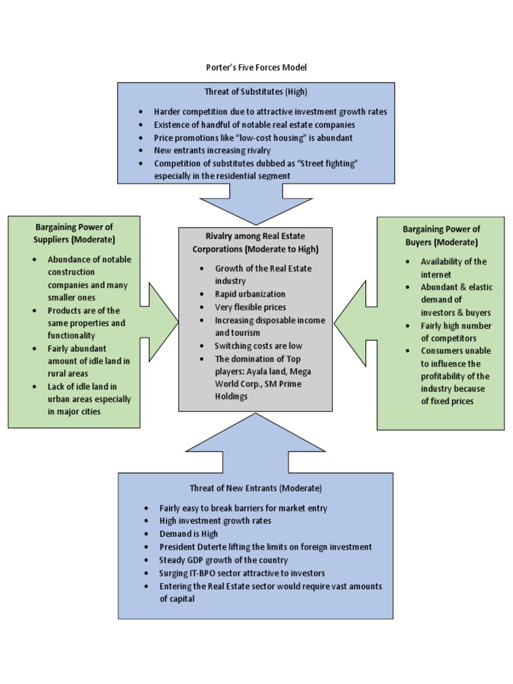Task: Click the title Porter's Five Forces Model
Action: coord(256,67)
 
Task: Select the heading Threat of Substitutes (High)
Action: coord(256,92)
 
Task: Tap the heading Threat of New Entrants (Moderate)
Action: coord(256,488)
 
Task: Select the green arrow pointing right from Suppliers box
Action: coord(159,322)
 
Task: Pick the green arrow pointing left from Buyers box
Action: coord(355,322)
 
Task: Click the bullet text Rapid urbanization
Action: coord(250,294)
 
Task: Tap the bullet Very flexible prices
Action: coord(250,307)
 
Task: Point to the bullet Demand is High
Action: coord(188,534)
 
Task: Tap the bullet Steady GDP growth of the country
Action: coord(224,560)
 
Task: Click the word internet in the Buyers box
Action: coord(436,275)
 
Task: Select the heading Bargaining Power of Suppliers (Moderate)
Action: coord(74,234)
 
